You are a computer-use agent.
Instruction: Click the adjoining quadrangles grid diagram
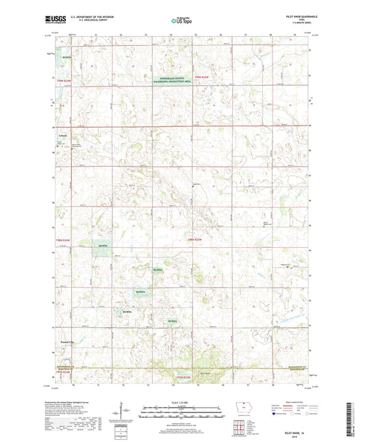click(242, 426)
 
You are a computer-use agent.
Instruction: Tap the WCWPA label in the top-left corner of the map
click(66, 58)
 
